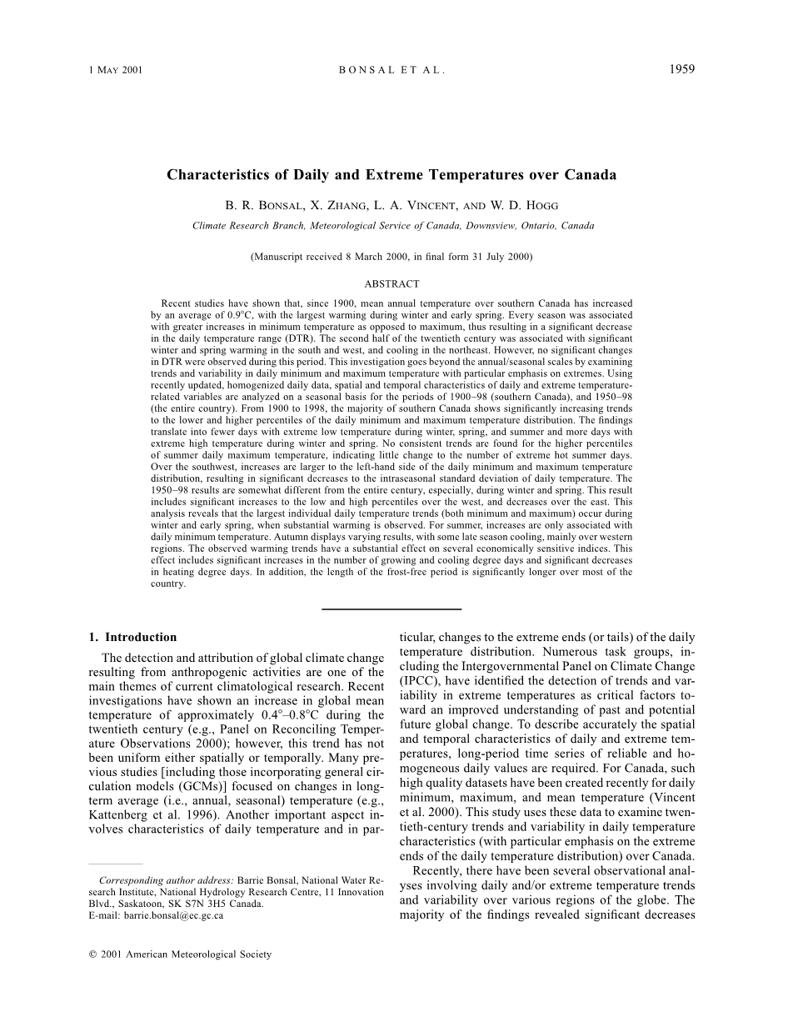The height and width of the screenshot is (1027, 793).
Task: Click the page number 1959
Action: coord(681,69)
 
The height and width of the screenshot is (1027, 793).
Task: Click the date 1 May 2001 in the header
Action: coord(116,70)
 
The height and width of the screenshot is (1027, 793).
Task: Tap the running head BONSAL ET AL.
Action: coord(392,70)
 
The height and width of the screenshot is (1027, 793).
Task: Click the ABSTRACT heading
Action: coord(392,283)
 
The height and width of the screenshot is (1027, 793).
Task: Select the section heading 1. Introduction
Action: coord(132,637)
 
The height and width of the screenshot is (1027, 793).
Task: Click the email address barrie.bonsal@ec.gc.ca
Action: coord(173,915)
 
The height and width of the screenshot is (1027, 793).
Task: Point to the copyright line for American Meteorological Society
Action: coord(180,954)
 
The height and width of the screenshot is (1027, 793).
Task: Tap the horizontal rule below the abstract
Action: coord(392,609)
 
